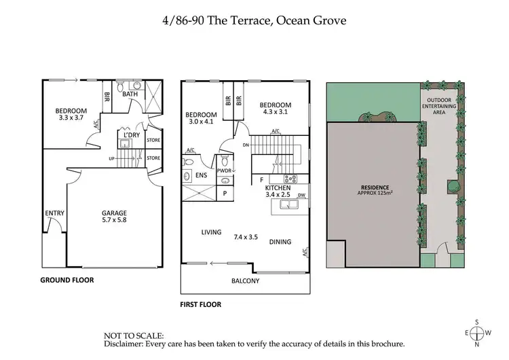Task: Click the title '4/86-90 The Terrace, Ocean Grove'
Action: click(x=254, y=20)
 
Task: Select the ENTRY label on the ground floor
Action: click(x=54, y=213)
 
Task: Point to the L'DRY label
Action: click(x=131, y=134)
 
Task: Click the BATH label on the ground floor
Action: click(x=130, y=94)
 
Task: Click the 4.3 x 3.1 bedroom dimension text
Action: click(x=275, y=113)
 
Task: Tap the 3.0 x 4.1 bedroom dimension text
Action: click(x=201, y=122)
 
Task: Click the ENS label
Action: click(x=202, y=175)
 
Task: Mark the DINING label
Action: click(x=280, y=241)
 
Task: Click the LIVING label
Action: click(x=211, y=232)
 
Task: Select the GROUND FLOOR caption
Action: click(x=67, y=280)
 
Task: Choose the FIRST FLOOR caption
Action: click(x=201, y=305)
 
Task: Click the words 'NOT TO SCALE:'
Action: click(x=134, y=336)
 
